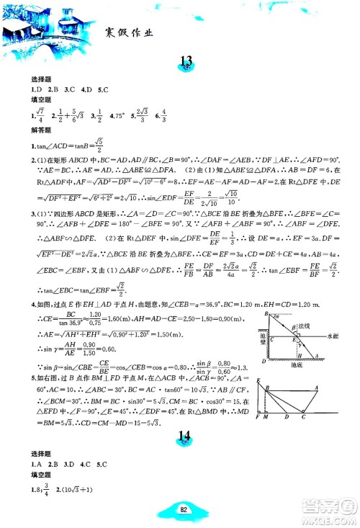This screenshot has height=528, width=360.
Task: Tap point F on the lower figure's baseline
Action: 257,417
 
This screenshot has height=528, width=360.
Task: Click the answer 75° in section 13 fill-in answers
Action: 120,115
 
